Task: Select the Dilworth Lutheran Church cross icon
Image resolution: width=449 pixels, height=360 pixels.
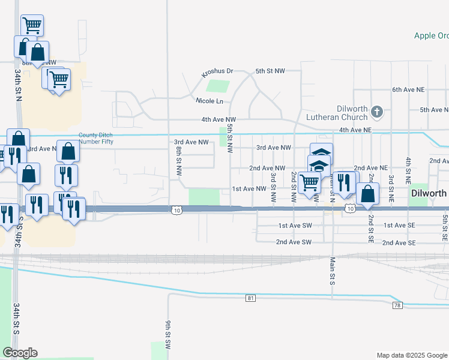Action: click(376, 112)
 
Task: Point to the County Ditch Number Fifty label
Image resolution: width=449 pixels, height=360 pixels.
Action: click(95, 138)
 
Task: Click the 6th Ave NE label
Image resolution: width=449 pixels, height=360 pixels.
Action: click(408, 89)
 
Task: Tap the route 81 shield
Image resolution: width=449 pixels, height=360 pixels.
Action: click(250, 298)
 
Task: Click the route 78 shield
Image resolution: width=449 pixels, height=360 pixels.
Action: click(397, 305)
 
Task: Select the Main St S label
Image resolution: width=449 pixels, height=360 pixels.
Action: click(332, 271)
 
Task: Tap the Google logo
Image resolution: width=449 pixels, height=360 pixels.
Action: click(20, 353)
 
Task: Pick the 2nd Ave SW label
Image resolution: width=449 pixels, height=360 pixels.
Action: click(294, 242)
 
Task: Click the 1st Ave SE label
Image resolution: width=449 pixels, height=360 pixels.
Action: click(399, 225)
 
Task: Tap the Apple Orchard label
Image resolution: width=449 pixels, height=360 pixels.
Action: click(431, 35)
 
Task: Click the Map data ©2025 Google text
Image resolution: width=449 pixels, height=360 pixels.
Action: click(411, 355)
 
